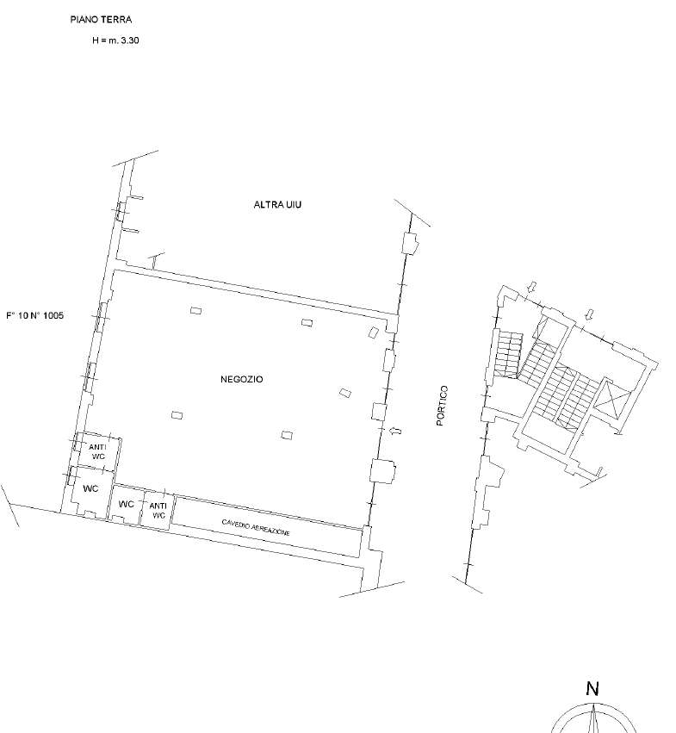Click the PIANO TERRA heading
tap(101, 20)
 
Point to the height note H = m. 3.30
tap(115, 40)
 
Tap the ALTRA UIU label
tap(277, 204)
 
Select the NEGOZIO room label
tap(242, 379)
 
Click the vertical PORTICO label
tap(443, 406)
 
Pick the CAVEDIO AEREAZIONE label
tap(256, 527)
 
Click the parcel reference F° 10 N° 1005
tap(34, 315)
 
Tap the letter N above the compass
tap(592, 688)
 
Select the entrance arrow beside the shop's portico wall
tap(395, 431)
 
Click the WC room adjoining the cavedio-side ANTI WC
tap(126, 505)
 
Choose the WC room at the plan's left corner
tap(90, 489)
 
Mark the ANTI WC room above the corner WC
tap(97, 452)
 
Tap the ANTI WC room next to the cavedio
tap(158, 510)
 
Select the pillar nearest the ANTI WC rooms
tap(177, 415)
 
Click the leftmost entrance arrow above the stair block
tap(531, 286)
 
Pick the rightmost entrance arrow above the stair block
tap(590, 314)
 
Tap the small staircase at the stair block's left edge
tap(509, 353)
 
